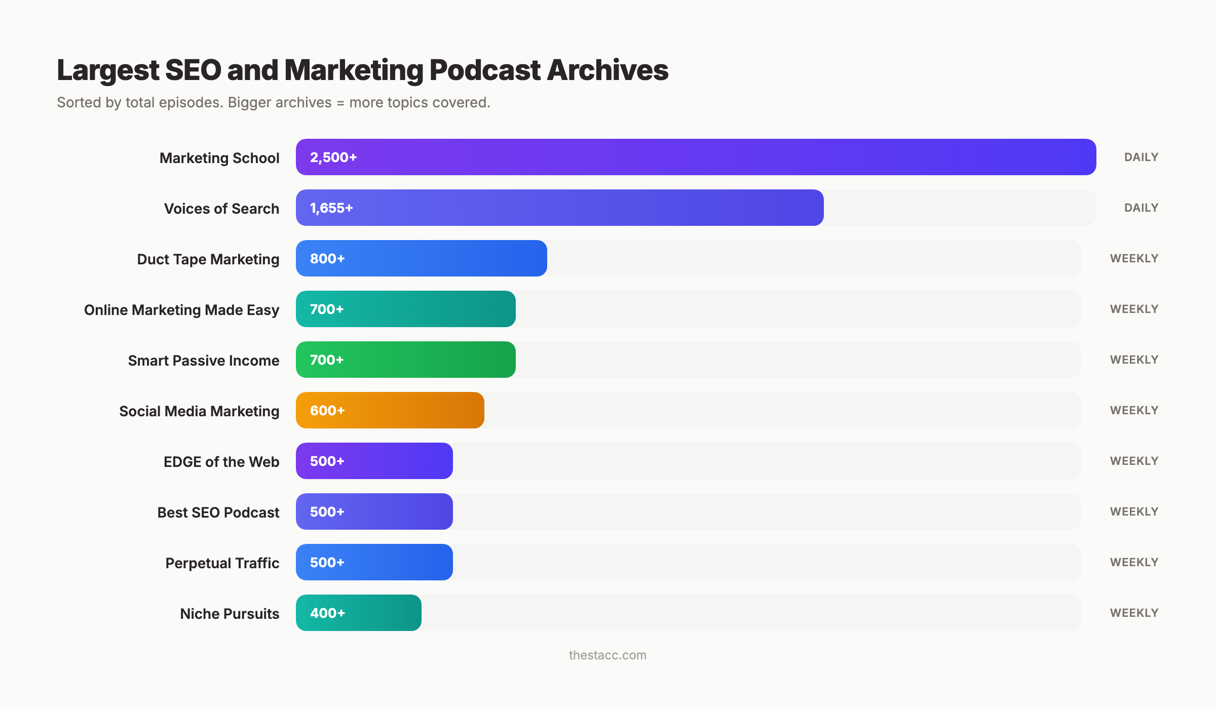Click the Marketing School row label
(x=219, y=158)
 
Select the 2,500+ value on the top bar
(x=333, y=157)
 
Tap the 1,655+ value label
(x=331, y=208)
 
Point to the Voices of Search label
(x=221, y=209)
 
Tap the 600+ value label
(x=327, y=411)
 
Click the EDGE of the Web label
(x=221, y=462)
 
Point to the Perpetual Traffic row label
(x=222, y=563)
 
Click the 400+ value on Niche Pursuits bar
(x=327, y=613)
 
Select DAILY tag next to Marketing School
(x=1141, y=157)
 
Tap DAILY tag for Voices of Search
(x=1141, y=208)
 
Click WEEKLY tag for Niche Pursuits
(x=1134, y=613)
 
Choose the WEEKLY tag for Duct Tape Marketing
(x=1134, y=258)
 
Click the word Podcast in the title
(x=485, y=70)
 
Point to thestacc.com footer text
(x=607, y=655)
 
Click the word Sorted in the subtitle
(x=79, y=102)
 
